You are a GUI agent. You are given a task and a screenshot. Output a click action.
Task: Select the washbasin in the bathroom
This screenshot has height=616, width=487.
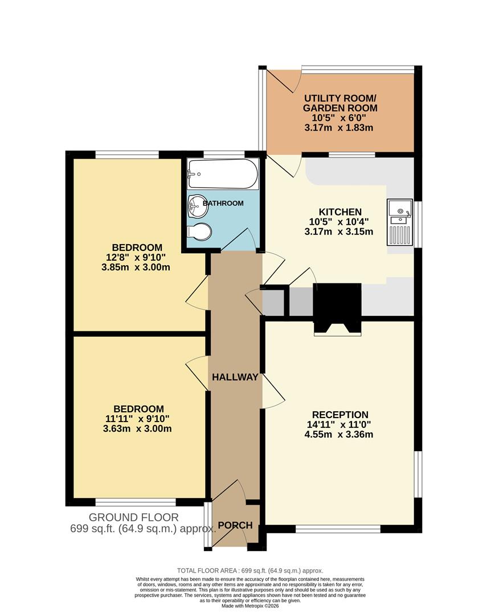point(198,205)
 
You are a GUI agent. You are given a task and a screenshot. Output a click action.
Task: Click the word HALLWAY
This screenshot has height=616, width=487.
point(235,377)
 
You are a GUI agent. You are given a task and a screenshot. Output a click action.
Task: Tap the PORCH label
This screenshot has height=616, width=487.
point(235,525)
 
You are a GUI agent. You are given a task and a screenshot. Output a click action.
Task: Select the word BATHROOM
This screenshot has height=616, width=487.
point(223,203)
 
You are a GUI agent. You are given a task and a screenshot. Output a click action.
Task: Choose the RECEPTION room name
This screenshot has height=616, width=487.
point(340,415)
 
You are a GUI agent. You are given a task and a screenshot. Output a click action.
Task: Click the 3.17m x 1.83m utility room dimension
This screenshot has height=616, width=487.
point(340,128)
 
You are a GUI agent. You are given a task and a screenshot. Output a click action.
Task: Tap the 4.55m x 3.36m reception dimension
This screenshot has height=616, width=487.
point(340,434)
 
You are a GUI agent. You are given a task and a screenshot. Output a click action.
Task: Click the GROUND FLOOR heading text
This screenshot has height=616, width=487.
point(133,517)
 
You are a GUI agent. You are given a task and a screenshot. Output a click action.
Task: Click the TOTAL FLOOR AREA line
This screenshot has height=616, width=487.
point(250,570)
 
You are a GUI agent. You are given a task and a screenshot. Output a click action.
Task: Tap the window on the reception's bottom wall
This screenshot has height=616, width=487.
point(338,529)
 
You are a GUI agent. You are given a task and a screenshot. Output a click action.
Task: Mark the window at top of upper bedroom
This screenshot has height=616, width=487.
point(126,154)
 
